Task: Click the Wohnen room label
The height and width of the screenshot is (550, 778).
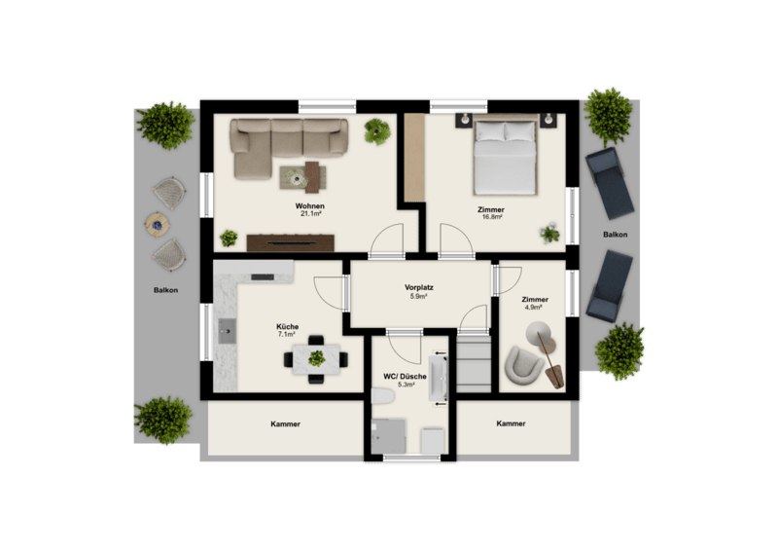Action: coord(309,205)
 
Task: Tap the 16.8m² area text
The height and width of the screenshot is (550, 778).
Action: coord(491,217)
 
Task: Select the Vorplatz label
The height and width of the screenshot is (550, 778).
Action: coord(419,287)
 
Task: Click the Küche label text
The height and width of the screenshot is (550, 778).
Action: coord(287,326)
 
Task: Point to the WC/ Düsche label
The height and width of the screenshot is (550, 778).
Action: coord(405,376)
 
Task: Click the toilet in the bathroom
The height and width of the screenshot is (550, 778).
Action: coord(382,396)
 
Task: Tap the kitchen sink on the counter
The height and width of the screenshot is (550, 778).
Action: coord(228,331)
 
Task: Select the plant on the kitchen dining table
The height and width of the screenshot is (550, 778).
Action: coord(316,358)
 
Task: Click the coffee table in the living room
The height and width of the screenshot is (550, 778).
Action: coord(303,177)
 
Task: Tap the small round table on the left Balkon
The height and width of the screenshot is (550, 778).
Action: coord(158,224)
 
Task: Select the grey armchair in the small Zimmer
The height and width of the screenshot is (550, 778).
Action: coord(523,365)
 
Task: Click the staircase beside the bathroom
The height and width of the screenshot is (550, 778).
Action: coord(474,363)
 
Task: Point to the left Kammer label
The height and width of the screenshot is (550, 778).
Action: coord(285,423)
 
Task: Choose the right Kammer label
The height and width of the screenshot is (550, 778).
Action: coord(511,423)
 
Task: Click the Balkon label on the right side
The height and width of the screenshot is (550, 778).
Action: coord(616,234)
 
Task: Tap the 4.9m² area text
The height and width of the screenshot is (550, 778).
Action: coord(533,307)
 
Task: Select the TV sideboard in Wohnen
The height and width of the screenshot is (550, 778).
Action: coord(290,242)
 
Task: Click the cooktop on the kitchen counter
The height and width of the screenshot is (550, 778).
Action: coord(263,276)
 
